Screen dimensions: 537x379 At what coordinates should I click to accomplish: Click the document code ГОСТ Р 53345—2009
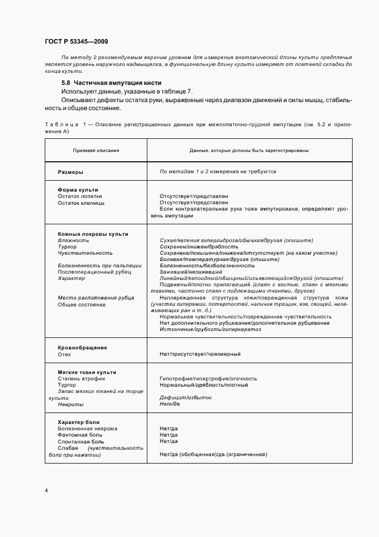[76, 42]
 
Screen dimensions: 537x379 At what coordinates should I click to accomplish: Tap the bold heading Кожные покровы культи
[93, 234]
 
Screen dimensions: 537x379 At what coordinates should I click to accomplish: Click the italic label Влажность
[73, 240]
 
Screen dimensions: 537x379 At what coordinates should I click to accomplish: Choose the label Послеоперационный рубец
[94, 272]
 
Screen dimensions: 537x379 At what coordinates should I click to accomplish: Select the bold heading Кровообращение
[83, 348]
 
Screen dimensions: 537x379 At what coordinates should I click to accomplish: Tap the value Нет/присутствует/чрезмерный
[200, 354]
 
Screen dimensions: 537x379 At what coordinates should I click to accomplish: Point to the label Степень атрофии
[80, 379]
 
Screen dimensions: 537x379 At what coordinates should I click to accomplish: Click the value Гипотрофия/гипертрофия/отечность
[208, 379]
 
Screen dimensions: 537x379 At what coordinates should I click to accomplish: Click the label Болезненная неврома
[87, 429]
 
